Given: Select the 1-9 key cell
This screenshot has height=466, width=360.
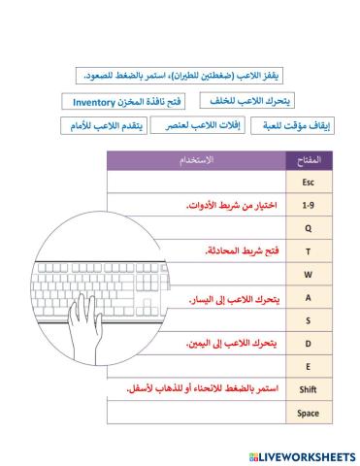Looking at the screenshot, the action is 308,206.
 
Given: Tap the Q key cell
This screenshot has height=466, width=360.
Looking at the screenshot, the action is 308,229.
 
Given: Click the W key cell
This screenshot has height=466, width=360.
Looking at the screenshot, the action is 308,275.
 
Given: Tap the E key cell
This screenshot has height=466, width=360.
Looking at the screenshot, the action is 308,366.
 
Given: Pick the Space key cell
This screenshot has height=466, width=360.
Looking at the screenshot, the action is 308,413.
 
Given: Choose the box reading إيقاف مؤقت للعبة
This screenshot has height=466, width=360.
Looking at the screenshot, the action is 297,126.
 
